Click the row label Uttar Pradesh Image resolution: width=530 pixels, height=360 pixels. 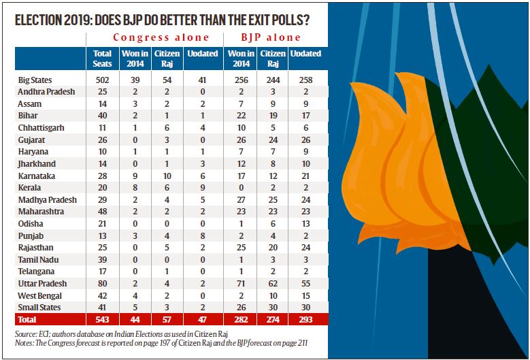(x=42, y=284)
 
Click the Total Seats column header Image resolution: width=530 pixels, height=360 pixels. (x=101, y=58)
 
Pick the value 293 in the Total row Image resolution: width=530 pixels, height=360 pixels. (x=305, y=320)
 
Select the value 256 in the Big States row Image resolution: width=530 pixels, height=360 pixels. (x=237, y=80)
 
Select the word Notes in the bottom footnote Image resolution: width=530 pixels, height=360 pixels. (x=24, y=345)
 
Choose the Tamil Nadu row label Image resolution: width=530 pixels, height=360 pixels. (x=39, y=260)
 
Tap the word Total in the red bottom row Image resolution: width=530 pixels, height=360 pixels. (x=28, y=320)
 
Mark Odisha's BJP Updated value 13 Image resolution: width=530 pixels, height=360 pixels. (x=305, y=224)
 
